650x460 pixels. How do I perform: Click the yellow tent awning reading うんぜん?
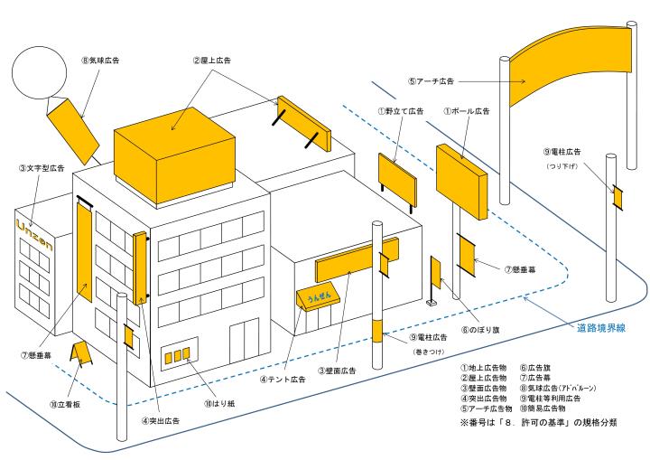click(317, 299)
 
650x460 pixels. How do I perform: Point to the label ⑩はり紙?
click(218, 404)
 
